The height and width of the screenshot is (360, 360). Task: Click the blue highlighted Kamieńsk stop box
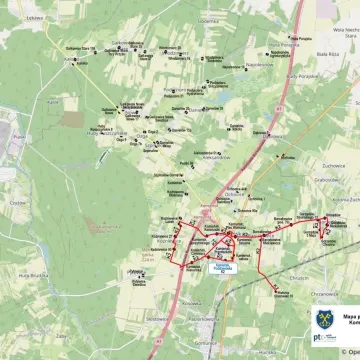[221, 267]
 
